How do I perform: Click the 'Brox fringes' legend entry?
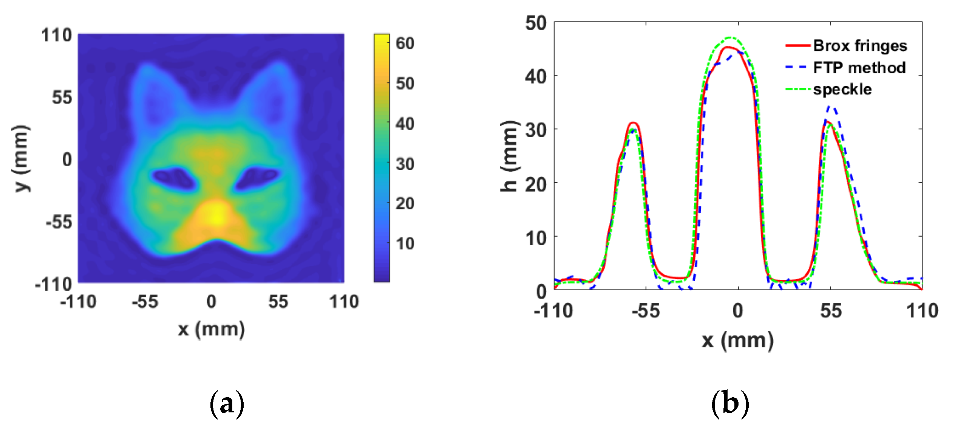859,46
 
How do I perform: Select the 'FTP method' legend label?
859,68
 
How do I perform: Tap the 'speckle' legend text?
842,90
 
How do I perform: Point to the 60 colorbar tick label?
405,43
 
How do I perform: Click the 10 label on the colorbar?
405,243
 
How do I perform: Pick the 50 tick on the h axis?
536,23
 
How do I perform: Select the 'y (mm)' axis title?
21,158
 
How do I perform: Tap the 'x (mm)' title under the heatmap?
212,329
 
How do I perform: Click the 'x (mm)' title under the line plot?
738,340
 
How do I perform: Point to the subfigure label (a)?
227,404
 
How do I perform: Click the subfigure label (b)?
730,404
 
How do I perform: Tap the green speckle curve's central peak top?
731,38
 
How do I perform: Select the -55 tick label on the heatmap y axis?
59,222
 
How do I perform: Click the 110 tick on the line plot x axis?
922,311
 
